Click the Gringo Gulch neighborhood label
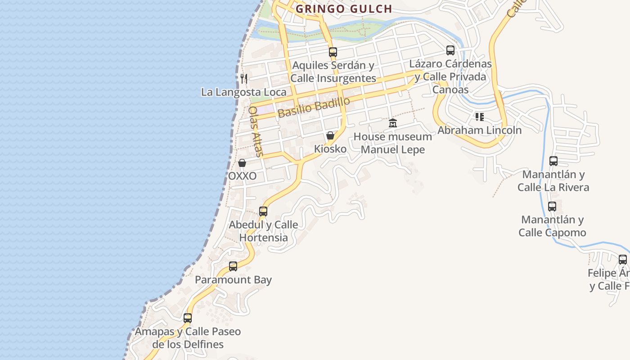344,9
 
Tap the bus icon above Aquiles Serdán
333,52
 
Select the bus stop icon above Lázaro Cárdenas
450,50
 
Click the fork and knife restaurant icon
244,79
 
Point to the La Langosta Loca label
243,92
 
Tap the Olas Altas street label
256,131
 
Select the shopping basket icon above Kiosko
330,135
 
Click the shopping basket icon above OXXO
242,163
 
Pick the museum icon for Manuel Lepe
393,123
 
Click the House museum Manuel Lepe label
393,143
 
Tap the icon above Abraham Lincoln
480,117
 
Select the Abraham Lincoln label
480,130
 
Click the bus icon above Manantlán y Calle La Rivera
553,161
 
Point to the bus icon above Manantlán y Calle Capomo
552,207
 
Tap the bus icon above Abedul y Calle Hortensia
263,211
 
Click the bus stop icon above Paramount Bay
233,266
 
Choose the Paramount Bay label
233,280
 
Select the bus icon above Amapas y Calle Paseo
188,318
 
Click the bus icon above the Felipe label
623,260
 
